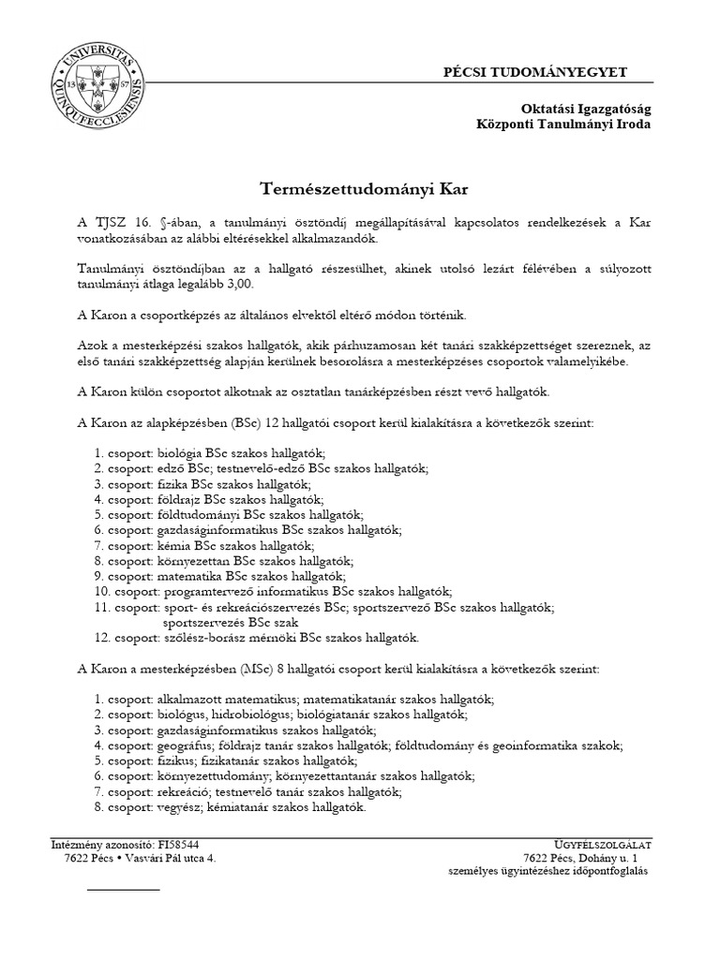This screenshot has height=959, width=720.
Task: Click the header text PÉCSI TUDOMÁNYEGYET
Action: coord(547,72)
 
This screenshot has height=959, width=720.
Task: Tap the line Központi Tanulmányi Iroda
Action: coord(563,125)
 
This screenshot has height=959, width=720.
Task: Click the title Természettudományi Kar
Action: coord(362,189)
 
